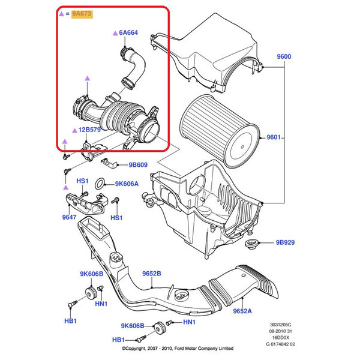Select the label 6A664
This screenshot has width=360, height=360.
click(128, 34)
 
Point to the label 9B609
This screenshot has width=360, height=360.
click(138, 164)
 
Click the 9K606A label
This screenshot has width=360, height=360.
click(127, 184)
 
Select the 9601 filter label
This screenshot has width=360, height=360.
click(274, 137)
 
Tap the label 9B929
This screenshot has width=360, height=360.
click(286, 244)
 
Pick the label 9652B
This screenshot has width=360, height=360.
click(152, 274)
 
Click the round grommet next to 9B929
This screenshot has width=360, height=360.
click(253, 244)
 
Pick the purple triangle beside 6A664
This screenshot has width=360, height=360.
click(113, 34)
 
